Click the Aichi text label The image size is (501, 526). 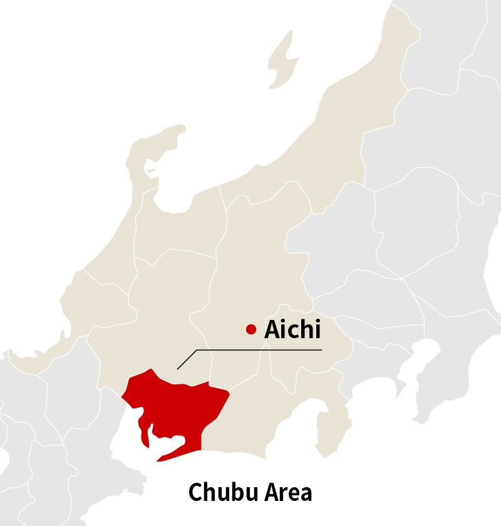pos(292,329)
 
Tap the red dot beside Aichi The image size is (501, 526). pos(251,329)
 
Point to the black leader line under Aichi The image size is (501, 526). pos(263,350)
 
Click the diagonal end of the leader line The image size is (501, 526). pos(187,359)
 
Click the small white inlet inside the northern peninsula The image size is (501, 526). pos(151,169)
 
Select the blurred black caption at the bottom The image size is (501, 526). pos(250,492)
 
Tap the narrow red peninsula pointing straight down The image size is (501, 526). pos(145,432)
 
